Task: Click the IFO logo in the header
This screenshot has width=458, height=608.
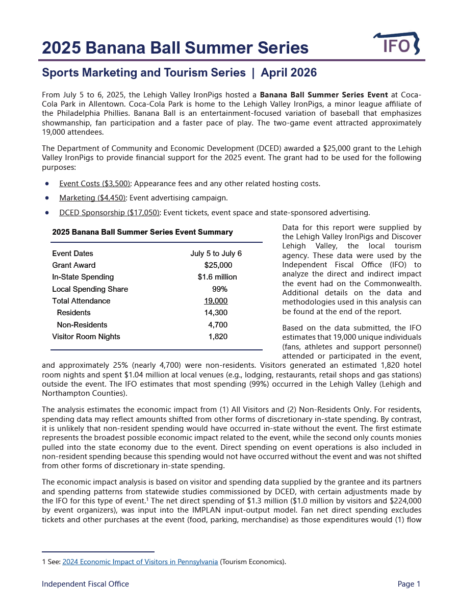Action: (x=396, y=44)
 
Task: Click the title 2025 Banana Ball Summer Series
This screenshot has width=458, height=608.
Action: (x=175, y=48)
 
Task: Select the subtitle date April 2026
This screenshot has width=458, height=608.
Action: (x=289, y=73)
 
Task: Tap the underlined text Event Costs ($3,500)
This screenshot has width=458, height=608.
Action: (x=95, y=184)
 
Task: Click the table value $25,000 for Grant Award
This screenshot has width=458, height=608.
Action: (x=218, y=265)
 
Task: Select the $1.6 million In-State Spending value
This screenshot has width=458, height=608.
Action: (x=217, y=277)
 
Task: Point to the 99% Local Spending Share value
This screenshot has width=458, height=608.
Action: (x=220, y=289)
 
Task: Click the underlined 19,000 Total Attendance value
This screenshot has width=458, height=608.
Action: (x=216, y=301)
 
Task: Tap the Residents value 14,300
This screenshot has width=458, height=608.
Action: (x=216, y=313)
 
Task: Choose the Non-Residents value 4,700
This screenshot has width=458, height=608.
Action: (x=218, y=325)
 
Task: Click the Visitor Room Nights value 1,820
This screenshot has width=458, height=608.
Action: (x=218, y=337)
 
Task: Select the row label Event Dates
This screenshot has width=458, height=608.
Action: (x=72, y=254)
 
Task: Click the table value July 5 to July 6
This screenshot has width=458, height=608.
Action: (x=216, y=254)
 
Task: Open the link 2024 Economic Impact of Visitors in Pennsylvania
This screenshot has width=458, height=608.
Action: (x=140, y=562)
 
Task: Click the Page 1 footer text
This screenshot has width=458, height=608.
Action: (x=409, y=584)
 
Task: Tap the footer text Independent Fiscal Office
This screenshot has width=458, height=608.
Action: (x=85, y=584)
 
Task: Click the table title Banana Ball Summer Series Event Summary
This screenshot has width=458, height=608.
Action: (x=142, y=232)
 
